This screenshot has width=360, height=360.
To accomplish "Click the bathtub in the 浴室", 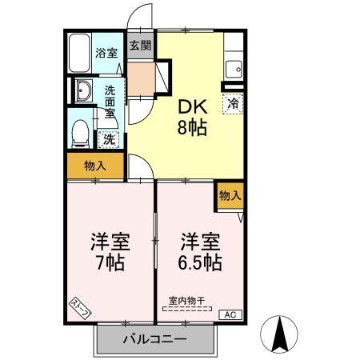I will pos(80,53).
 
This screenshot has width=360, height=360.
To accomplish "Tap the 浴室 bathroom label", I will pos(108,54).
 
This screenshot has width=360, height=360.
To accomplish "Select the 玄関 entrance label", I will pos(140,46).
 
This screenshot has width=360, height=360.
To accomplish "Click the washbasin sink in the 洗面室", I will pos(84,91).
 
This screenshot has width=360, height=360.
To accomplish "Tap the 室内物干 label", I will pos(186,301).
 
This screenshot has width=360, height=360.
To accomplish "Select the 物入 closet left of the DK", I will pos(95,166).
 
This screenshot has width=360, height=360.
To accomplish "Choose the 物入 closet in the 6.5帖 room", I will pos(230,196).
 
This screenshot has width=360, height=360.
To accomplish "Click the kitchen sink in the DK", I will pos(234,66).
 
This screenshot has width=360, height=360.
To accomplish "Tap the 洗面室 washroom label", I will pos(110,101).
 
